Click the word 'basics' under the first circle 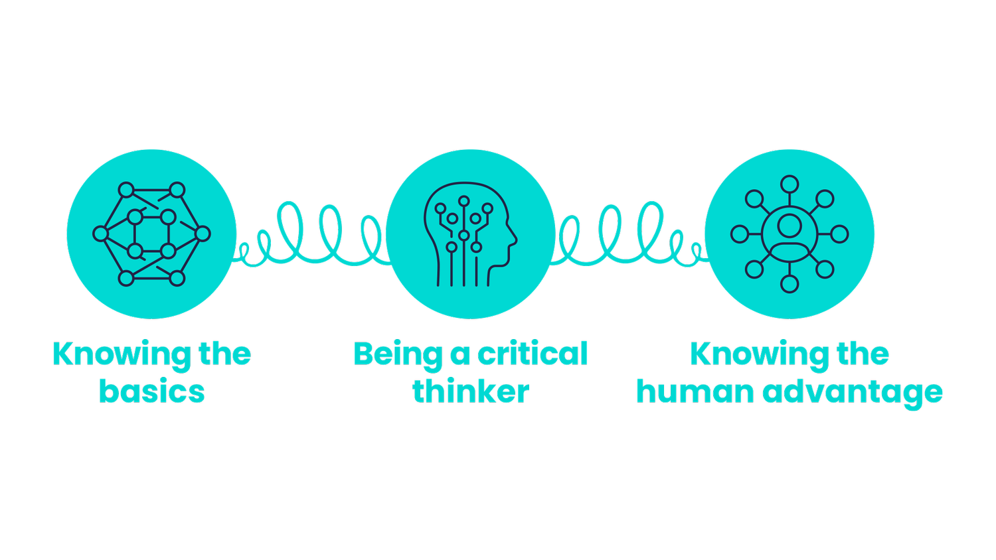(151, 391)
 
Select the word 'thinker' (470, 391)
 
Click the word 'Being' (397, 355)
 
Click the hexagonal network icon (151, 234)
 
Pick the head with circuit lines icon (470, 234)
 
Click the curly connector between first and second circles (311, 236)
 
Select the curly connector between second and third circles (629, 236)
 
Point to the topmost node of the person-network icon (789, 184)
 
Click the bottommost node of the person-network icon (789, 284)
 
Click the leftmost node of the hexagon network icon (100, 234)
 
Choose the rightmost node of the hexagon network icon (203, 234)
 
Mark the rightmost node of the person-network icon (840, 234)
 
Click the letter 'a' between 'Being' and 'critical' (460, 355)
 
